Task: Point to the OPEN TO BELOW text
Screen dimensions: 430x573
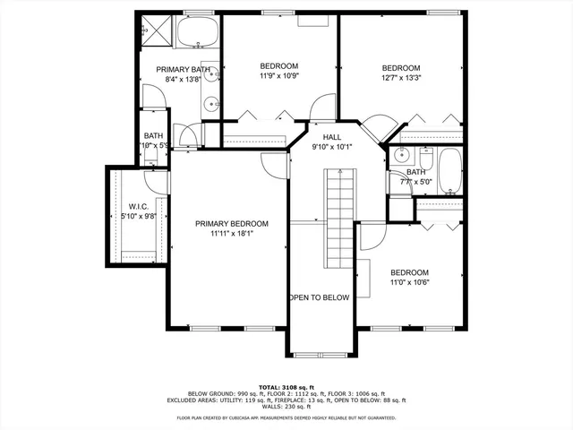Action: [318, 298]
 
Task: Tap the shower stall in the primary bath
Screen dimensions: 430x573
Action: [154, 30]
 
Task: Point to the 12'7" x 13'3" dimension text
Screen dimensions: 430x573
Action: [401, 78]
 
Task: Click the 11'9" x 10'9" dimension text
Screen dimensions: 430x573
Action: [278, 76]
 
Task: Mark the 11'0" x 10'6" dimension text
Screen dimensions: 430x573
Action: [409, 282]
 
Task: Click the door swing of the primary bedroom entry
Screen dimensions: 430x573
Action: [271, 163]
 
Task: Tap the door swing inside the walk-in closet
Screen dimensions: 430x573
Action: [158, 179]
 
